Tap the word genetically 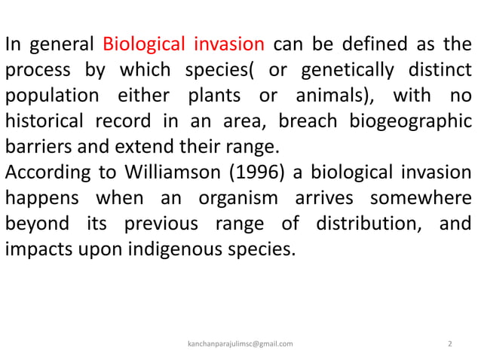[x=348, y=70]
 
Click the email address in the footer [x=240, y=343]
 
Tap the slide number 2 [x=450, y=343]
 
